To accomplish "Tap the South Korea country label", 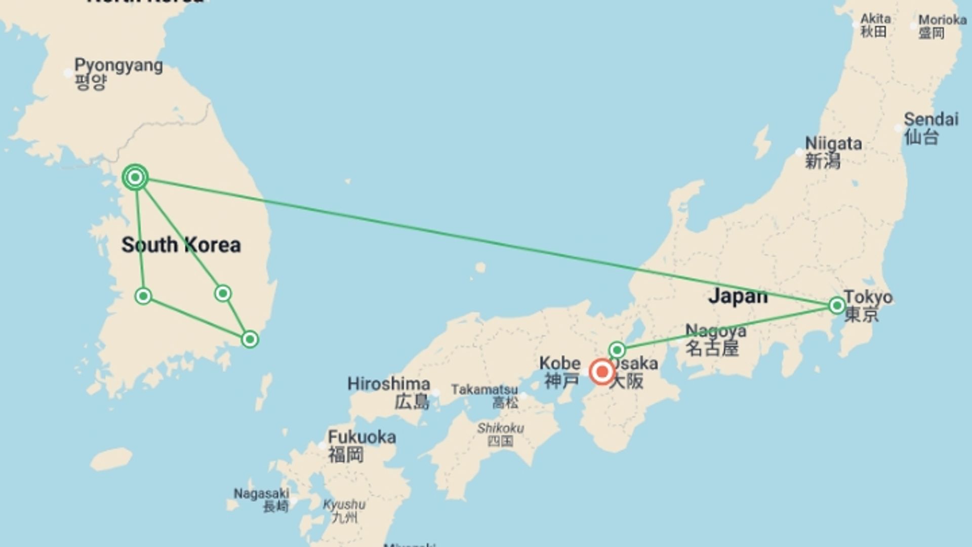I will pyautogui.click(x=181, y=245).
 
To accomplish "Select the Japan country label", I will pyautogui.click(x=738, y=296).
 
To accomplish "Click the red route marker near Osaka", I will pyautogui.click(x=602, y=372).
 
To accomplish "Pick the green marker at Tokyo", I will pyautogui.click(x=837, y=305).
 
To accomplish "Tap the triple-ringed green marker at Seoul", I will pyautogui.click(x=135, y=177).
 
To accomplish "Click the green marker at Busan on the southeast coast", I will pyautogui.click(x=250, y=339).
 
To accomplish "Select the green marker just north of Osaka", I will pyautogui.click(x=617, y=350).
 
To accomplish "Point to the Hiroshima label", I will pyautogui.click(x=389, y=392).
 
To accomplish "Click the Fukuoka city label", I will pyautogui.click(x=361, y=445).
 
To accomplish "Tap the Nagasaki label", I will pyautogui.click(x=261, y=499).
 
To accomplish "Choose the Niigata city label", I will pyautogui.click(x=833, y=151).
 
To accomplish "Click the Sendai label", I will pyautogui.click(x=930, y=128).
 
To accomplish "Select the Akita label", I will pyautogui.click(x=875, y=25).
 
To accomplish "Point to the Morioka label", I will pyautogui.click(x=942, y=26).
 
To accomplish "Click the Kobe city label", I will pyautogui.click(x=559, y=371).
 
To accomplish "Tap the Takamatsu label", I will pyautogui.click(x=484, y=396).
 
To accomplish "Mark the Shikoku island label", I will pyautogui.click(x=500, y=434).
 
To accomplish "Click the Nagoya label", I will pyautogui.click(x=715, y=339).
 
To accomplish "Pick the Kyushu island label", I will pyautogui.click(x=344, y=511).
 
